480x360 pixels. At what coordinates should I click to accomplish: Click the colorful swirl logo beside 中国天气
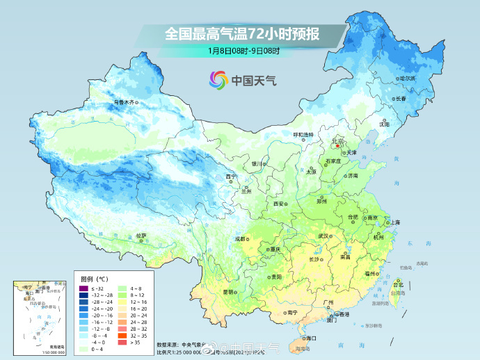(x=217, y=80)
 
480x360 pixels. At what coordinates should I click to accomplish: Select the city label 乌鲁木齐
(x=125, y=102)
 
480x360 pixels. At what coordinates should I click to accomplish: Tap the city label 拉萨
(x=141, y=236)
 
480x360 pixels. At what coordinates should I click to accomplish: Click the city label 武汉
(x=323, y=236)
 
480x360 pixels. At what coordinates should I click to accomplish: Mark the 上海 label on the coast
(x=395, y=222)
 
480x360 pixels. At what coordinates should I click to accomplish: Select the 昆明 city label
(x=227, y=292)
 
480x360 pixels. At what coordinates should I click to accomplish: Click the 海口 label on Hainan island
(x=310, y=338)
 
